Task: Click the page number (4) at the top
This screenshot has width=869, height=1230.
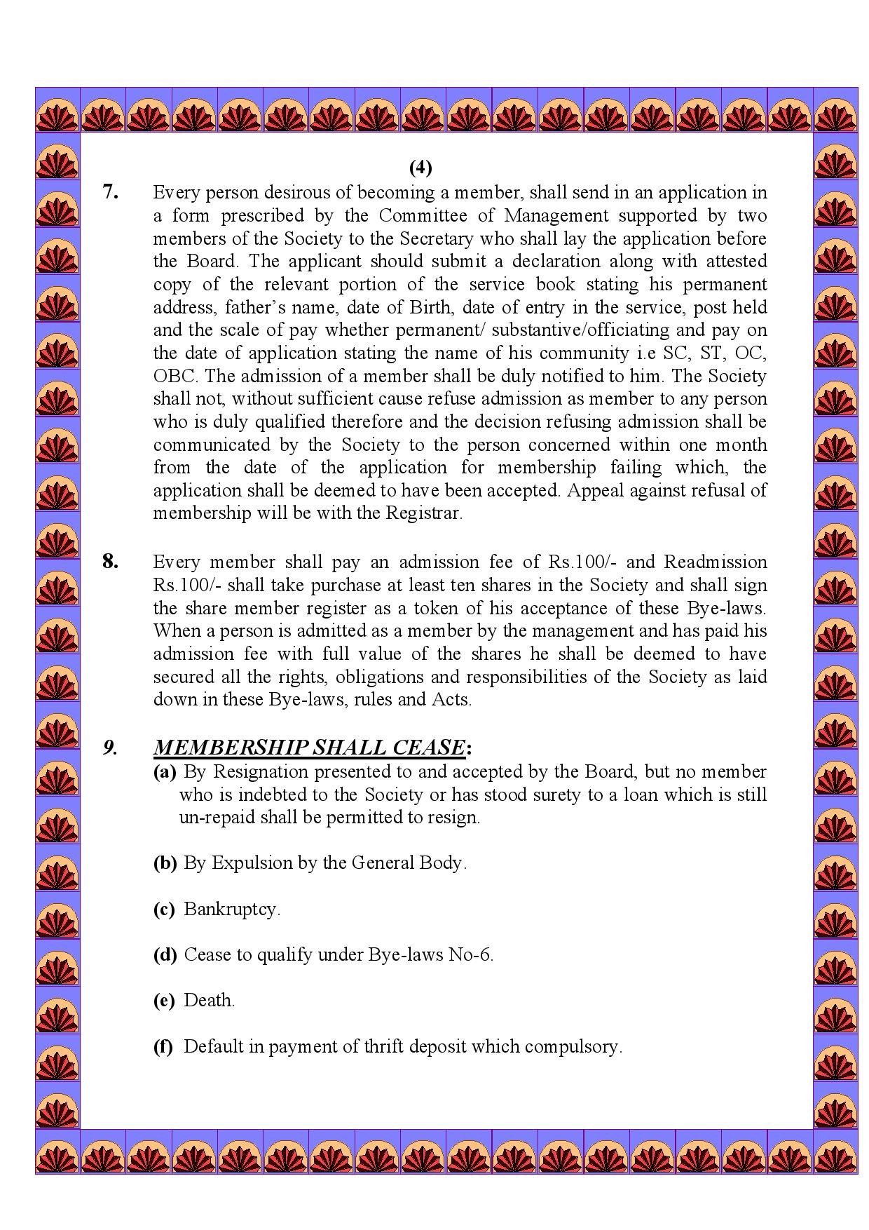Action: tap(420, 168)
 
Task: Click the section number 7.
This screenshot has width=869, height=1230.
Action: tap(110, 192)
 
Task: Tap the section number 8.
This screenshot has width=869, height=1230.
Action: tap(110, 562)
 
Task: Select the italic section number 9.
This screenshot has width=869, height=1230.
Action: tap(110, 748)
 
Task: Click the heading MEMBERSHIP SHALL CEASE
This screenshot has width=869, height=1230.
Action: tap(309, 748)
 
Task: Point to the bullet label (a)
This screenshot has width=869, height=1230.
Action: tap(165, 772)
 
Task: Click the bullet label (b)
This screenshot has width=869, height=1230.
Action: tap(165, 863)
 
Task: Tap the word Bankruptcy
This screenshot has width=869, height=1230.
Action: tap(231, 910)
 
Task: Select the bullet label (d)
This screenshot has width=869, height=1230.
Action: tap(165, 955)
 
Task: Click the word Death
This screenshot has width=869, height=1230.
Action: tap(208, 1001)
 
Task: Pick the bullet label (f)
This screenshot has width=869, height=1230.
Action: tap(163, 1047)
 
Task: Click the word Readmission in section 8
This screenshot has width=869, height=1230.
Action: tap(715, 562)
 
